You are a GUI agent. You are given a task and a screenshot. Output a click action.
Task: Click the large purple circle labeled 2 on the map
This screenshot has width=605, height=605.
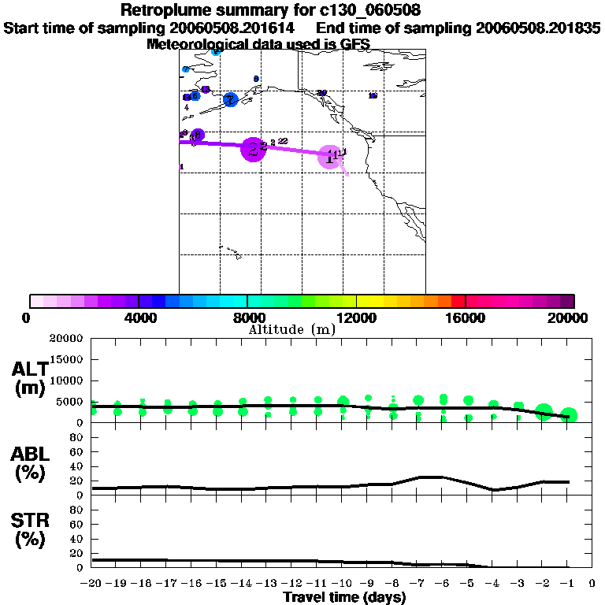[x=254, y=149]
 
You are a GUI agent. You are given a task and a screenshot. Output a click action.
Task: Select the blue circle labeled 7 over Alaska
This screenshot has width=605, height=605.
[x=230, y=100]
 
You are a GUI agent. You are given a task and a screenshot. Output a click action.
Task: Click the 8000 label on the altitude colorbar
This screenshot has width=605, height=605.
[x=247, y=317]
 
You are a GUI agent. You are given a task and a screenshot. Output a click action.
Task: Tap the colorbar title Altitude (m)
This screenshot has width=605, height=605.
[x=291, y=329]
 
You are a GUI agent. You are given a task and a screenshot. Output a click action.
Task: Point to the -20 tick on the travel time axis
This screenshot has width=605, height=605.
[x=92, y=583]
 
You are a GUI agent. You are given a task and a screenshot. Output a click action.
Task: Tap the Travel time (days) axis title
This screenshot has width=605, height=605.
[x=344, y=597]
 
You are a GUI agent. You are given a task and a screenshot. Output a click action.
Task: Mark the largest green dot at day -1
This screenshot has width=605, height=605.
[x=569, y=415]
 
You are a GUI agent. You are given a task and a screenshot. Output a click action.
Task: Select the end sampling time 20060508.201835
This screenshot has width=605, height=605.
[x=538, y=28]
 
